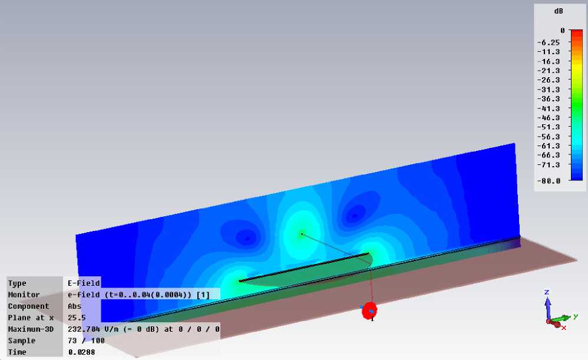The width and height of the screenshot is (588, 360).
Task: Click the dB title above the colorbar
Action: pyautogui.click(x=559, y=11)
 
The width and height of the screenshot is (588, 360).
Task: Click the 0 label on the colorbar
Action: pyautogui.click(x=563, y=31)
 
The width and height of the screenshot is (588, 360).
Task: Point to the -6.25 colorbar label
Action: pyautogui.click(x=549, y=42)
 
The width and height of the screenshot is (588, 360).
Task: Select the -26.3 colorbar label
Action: pyautogui.click(x=549, y=80)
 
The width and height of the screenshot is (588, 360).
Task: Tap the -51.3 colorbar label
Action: pyautogui.click(x=549, y=127)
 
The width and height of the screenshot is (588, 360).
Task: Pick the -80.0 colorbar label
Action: pyautogui.click(x=549, y=181)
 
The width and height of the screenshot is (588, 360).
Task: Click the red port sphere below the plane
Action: pyautogui.click(x=369, y=311)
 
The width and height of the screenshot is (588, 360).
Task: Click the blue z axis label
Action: pyautogui.click(x=547, y=292)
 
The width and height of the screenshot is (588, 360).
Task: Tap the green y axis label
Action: pyautogui.click(x=576, y=316)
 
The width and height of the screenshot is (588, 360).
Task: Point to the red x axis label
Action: pyautogui.click(x=564, y=328)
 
